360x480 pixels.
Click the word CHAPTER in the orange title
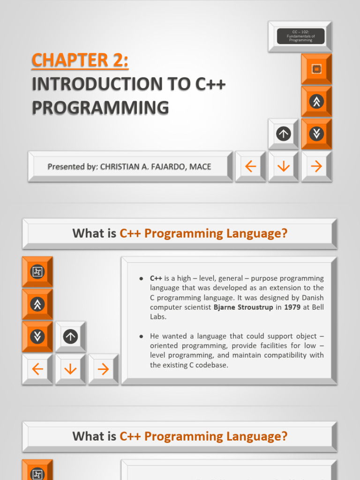pos(70,60)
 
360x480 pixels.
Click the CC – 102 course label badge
pos(300,36)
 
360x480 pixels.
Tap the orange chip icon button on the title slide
pos(316,69)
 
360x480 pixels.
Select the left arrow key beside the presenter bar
pos(250,166)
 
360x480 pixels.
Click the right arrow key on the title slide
pos(316,166)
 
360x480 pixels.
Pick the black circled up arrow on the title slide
pos(284,134)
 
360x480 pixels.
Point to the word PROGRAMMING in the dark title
pos(100,108)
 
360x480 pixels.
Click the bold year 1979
pos(292,307)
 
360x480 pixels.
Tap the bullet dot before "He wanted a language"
pos(141,336)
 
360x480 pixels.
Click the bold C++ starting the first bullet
pos(156,278)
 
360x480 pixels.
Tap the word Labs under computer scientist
pos(158,317)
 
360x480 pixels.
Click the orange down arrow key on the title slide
pos(284,166)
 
